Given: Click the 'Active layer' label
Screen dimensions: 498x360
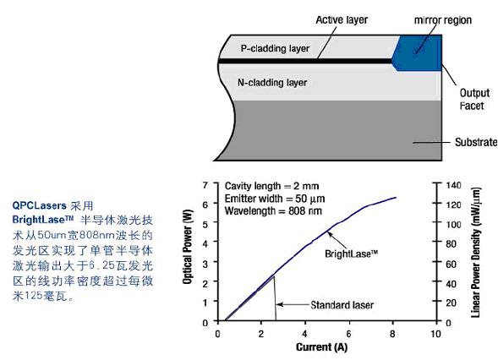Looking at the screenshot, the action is pos(342,19).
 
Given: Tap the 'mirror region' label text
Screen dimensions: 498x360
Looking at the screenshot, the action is pos(443,20).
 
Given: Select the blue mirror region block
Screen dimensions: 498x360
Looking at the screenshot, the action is pos(417,53).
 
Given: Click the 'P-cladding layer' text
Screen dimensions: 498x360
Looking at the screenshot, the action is pos(275,48).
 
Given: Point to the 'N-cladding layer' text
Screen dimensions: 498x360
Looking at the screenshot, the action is pos(272,83).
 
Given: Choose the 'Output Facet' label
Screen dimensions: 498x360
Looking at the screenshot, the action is pos(474,100).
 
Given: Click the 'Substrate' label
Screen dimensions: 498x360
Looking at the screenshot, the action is pos(476,142).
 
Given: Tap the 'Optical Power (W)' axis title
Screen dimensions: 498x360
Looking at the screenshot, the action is pos(188,247).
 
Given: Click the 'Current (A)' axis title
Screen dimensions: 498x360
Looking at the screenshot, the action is pos(321,347).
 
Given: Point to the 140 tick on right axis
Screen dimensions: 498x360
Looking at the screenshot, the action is pos(453,185).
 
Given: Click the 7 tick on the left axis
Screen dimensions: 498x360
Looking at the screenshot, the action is pos(205,185).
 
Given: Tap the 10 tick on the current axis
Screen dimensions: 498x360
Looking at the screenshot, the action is pos(435,334).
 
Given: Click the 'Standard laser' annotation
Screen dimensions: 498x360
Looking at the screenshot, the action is pos(342,305).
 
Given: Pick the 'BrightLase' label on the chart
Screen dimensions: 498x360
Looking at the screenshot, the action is pos(351,254).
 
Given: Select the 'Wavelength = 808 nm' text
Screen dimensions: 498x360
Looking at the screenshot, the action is pos(273,210).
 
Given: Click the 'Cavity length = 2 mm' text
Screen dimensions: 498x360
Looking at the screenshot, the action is pos(272,186).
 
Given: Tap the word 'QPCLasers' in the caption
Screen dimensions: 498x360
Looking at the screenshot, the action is pos(40,205).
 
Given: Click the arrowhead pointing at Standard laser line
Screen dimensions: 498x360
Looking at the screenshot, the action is pos(279,305).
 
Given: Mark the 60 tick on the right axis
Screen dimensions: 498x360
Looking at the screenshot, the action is pos(451,264).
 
